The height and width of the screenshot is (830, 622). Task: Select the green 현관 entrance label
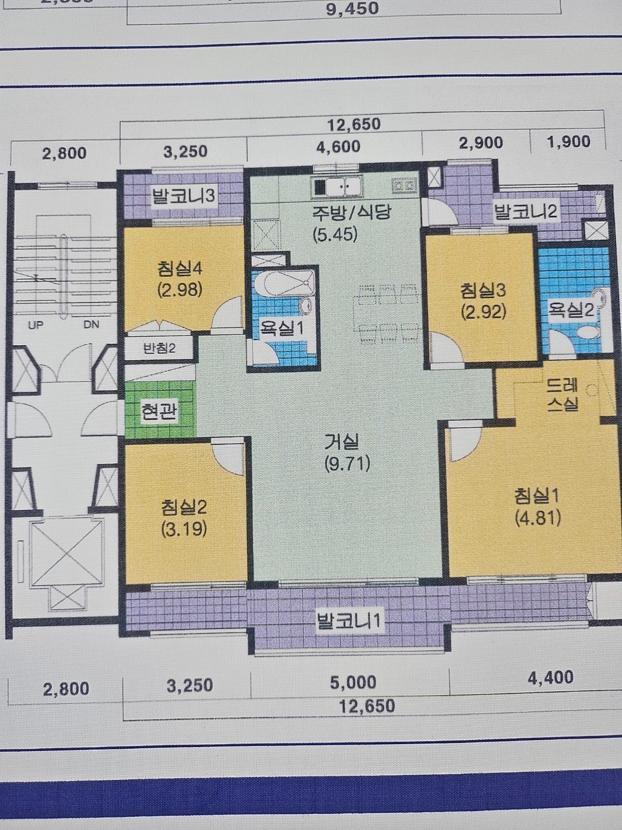(x=158, y=410)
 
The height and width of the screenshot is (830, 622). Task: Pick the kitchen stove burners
(x=404, y=185)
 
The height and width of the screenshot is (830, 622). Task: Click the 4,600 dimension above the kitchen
(x=338, y=147)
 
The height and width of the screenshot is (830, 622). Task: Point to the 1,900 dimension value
(x=568, y=142)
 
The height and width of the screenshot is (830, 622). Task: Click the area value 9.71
(x=347, y=463)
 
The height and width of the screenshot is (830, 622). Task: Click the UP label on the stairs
(x=35, y=325)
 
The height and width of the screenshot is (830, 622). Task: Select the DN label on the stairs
(x=91, y=325)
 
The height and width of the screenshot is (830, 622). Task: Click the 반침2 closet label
(x=159, y=348)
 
